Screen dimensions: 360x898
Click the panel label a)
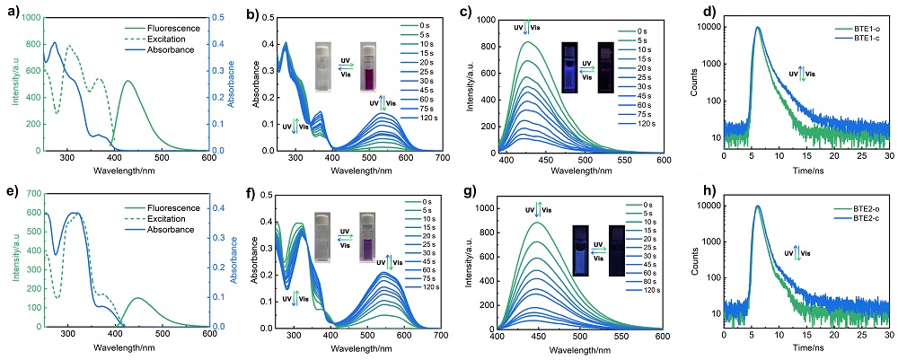pyautogui.click(x=9, y=12)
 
